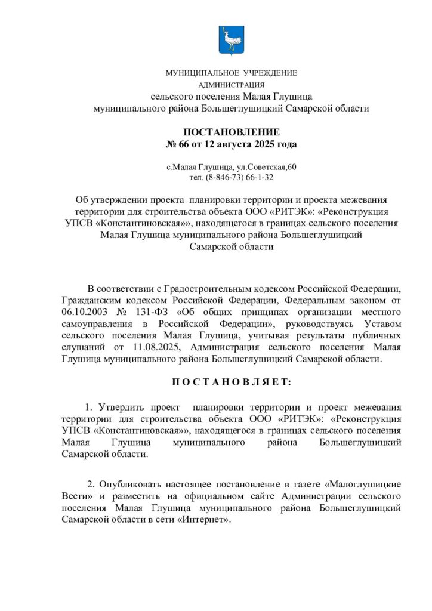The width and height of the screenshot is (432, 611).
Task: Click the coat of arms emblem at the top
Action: click(231, 41)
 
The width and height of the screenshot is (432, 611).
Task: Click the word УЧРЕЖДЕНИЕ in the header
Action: click(270, 73)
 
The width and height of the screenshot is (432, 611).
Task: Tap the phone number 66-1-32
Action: click(260, 177)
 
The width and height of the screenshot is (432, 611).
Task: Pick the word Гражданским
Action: click(88, 301)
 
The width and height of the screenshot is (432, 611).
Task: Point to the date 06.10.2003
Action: click(85, 312)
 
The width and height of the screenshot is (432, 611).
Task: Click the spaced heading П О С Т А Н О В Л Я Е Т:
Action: click(230, 381)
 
